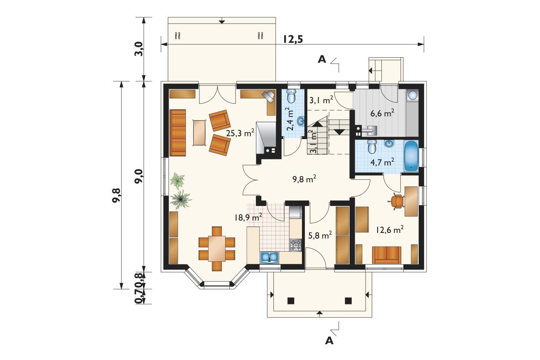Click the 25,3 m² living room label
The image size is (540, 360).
pyautogui.click(x=240, y=132)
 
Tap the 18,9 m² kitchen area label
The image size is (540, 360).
pyautogui.click(x=248, y=217)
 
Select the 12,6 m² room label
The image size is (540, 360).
pyautogui.click(x=390, y=230)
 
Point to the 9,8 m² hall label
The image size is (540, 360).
pyautogui.click(x=304, y=179)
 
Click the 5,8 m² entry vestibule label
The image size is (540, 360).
pyautogui.click(x=320, y=235)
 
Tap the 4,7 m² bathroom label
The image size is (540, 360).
pyautogui.click(x=382, y=162)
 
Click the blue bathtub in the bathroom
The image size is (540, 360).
pyautogui.click(x=411, y=157)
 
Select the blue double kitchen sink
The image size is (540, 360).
pyautogui.click(x=270, y=257)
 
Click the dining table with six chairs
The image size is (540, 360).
pyautogui.click(x=217, y=249)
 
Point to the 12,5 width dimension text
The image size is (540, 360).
pyautogui.click(x=293, y=39)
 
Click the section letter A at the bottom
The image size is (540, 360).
pyautogui.click(x=329, y=341)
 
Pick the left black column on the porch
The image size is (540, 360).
pyautogui.click(x=291, y=301)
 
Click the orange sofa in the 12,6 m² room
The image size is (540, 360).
pyautogui.click(x=387, y=255)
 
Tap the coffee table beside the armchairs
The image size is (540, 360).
pyautogui.click(x=200, y=132)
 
